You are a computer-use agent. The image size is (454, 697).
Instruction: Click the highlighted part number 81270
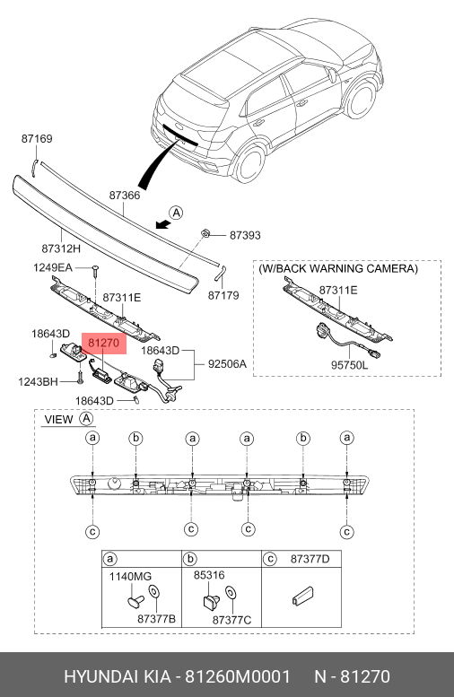104,344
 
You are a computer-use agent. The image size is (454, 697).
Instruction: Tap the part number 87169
37,139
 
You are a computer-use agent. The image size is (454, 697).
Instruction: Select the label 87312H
61,248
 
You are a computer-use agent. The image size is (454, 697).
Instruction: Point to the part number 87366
125,196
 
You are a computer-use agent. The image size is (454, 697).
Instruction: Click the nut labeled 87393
205,232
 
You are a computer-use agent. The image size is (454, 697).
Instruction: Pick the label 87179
223,295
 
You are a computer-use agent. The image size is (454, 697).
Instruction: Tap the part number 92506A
227,364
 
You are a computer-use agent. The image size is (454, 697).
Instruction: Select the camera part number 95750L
350,365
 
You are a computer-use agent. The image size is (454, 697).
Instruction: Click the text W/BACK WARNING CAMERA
338,268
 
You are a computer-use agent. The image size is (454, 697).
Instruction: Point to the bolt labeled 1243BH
80,378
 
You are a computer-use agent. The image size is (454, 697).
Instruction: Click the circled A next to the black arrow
177,213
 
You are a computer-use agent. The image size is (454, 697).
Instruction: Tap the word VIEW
58,419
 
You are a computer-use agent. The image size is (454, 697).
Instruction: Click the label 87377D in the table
310,559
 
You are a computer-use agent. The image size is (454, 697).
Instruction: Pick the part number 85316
209,575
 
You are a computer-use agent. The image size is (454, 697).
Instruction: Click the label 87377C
231,619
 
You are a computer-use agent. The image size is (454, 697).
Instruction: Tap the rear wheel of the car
250,164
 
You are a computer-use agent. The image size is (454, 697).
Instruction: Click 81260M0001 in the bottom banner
238,676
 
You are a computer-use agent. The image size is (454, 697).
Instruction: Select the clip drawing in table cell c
302,596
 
